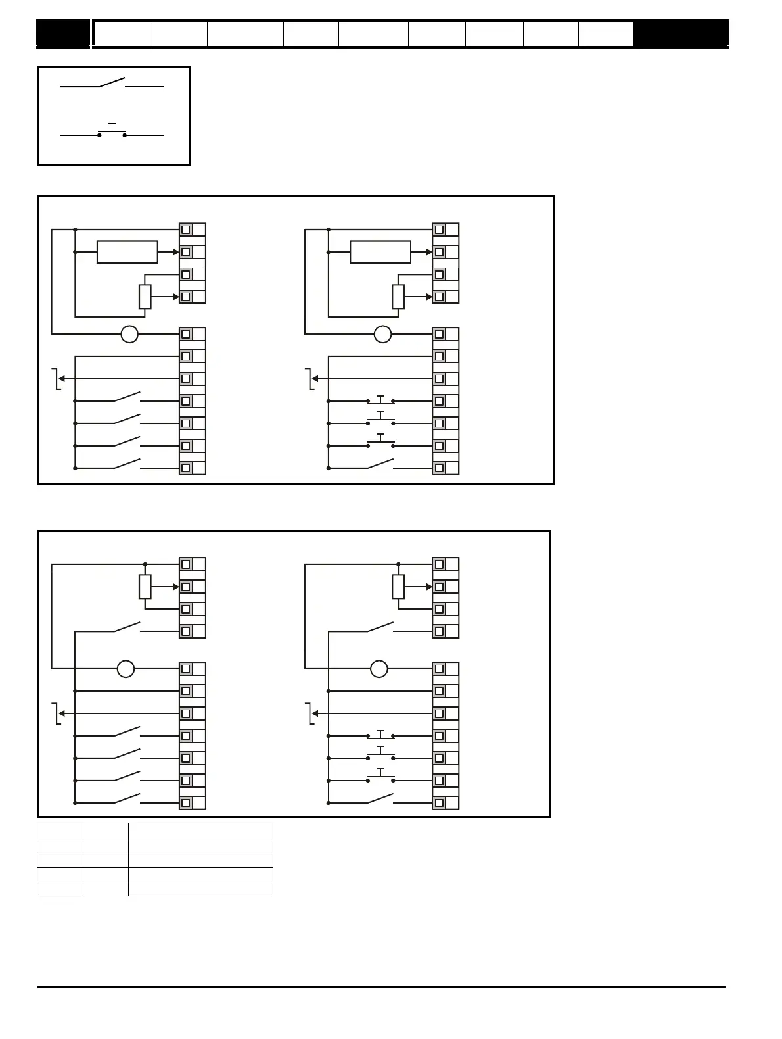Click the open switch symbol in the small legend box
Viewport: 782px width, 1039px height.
tap(112, 84)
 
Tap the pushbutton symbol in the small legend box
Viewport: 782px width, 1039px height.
tap(112, 132)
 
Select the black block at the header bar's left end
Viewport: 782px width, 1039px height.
tap(63, 34)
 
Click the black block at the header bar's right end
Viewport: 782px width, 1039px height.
tap(681, 34)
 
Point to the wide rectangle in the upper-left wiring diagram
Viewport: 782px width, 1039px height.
tap(127, 252)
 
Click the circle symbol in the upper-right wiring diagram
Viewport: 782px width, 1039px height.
tap(382, 334)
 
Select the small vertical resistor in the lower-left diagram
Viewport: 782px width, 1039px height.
tap(145, 587)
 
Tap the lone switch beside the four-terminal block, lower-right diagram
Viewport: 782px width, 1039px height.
tap(380, 628)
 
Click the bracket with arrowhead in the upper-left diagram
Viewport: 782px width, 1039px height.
tap(58, 379)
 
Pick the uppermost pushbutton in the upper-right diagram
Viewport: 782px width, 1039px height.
tap(380, 400)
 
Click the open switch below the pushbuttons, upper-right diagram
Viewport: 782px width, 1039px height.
tap(380, 465)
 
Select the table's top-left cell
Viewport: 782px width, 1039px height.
tap(60, 831)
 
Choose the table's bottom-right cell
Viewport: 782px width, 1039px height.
tap(200, 889)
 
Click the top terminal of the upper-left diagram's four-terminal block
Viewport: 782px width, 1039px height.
tap(186, 230)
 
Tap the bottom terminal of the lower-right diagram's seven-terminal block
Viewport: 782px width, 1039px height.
tap(439, 803)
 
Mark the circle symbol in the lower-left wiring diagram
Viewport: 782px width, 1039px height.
tap(126, 669)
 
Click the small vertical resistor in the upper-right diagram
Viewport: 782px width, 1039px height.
tap(398, 297)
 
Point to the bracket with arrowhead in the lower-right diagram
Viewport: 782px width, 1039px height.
tap(311, 713)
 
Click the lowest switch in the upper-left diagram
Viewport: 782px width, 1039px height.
tap(127, 465)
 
